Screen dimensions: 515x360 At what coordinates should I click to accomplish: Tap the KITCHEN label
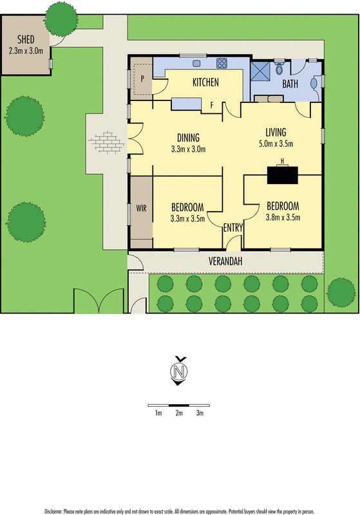pos(206,82)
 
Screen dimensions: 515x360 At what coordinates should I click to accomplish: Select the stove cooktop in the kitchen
pos(222,64)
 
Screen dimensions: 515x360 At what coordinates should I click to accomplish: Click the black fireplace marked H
pos(282,174)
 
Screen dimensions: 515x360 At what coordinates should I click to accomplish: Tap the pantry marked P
pos(142,79)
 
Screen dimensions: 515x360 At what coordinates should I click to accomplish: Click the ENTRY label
pos(232,227)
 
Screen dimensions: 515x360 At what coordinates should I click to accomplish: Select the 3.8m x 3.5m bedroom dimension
pos(283,218)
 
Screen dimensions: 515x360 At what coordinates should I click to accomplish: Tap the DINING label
pos(188,137)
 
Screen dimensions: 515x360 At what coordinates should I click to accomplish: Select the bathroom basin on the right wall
pos(314,82)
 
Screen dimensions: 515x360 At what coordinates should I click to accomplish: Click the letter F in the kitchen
pos(212,103)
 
